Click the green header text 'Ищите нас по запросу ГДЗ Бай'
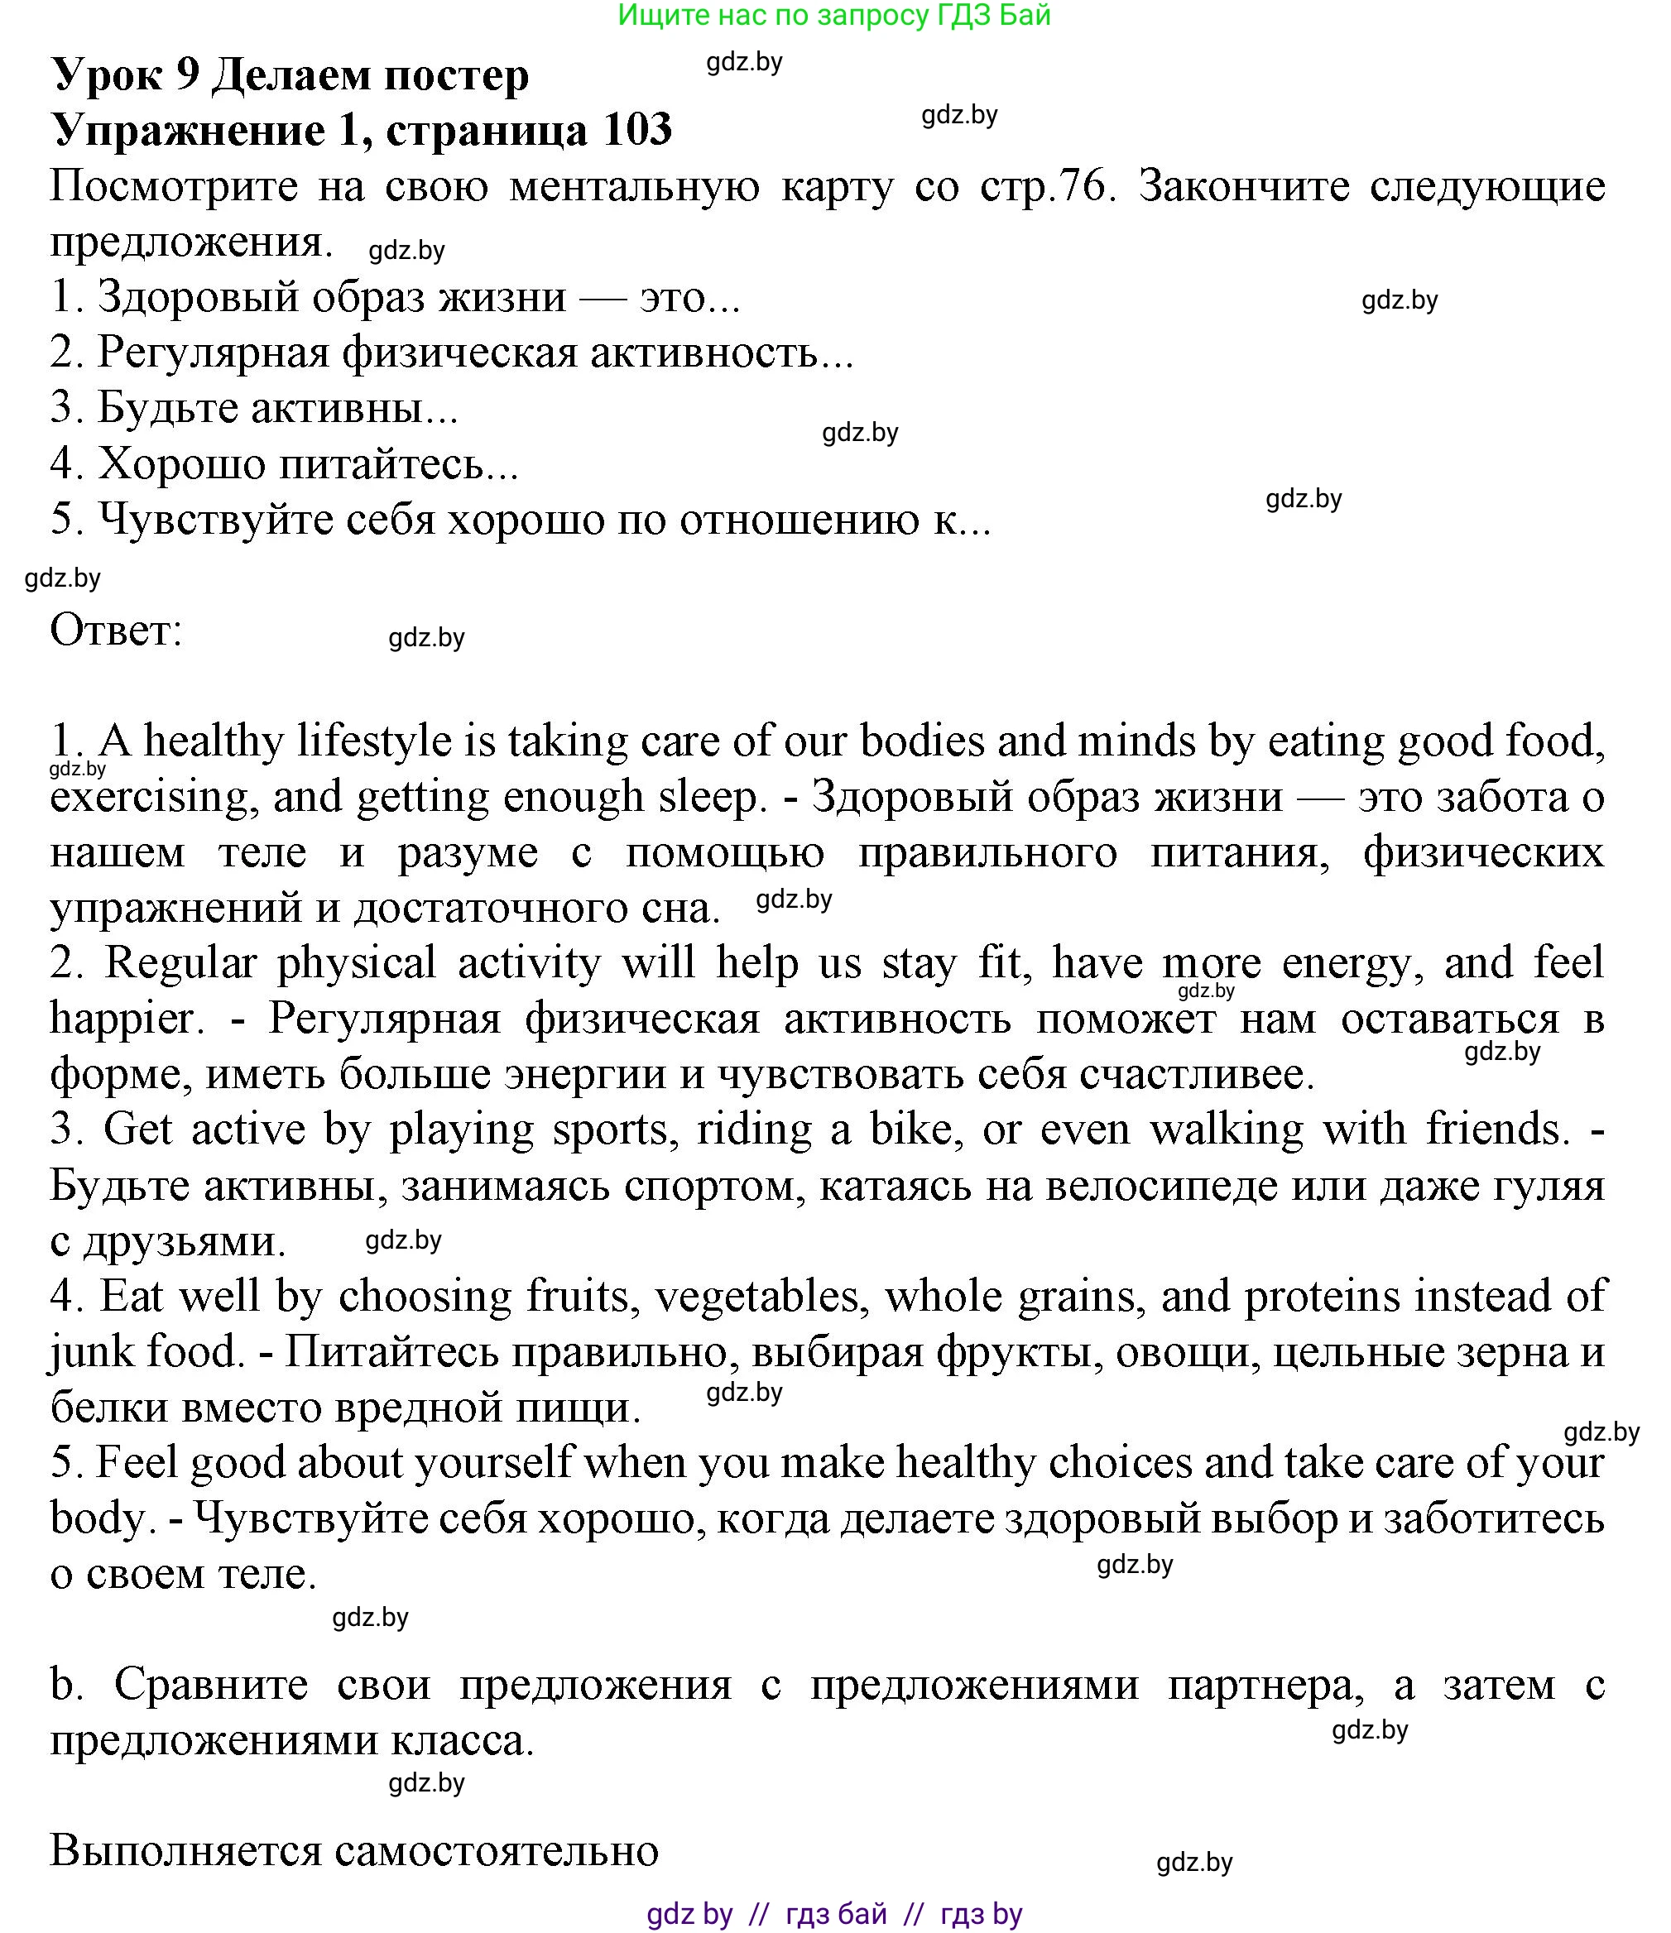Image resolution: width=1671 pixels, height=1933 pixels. point(834,15)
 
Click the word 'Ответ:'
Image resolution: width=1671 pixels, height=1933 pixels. point(116,631)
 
